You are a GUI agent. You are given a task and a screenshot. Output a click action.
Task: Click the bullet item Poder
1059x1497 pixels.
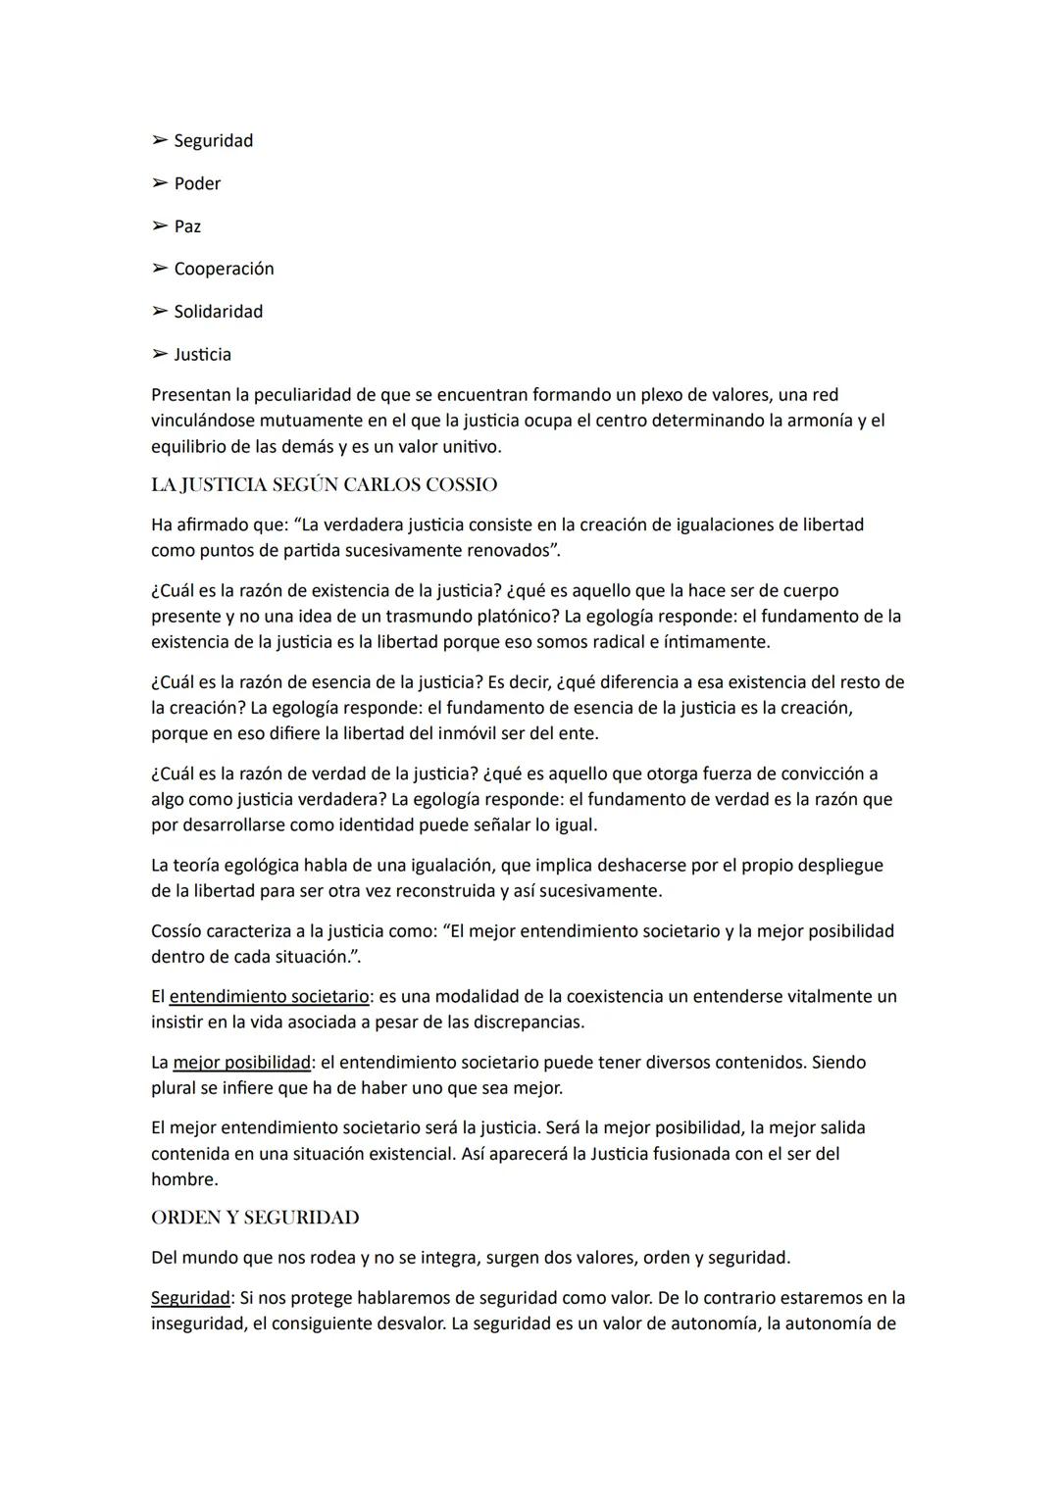pos(197,183)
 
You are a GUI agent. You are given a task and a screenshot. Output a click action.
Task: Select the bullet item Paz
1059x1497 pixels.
pos(187,226)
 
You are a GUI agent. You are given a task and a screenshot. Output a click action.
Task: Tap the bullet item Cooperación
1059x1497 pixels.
pos(224,269)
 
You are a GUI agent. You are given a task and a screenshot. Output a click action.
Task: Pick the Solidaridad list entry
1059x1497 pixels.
pos(218,312)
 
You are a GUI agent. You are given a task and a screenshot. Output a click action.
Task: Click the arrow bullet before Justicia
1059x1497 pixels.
pos(159,354)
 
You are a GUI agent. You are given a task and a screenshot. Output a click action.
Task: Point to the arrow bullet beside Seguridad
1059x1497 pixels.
pos(159,140)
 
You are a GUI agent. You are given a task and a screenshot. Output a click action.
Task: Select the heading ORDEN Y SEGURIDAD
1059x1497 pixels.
pos(255,1218)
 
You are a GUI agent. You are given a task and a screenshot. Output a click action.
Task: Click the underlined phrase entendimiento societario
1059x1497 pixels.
pos(269,996)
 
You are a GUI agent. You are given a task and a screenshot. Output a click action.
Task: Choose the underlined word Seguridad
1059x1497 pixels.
pos(190,1298)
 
